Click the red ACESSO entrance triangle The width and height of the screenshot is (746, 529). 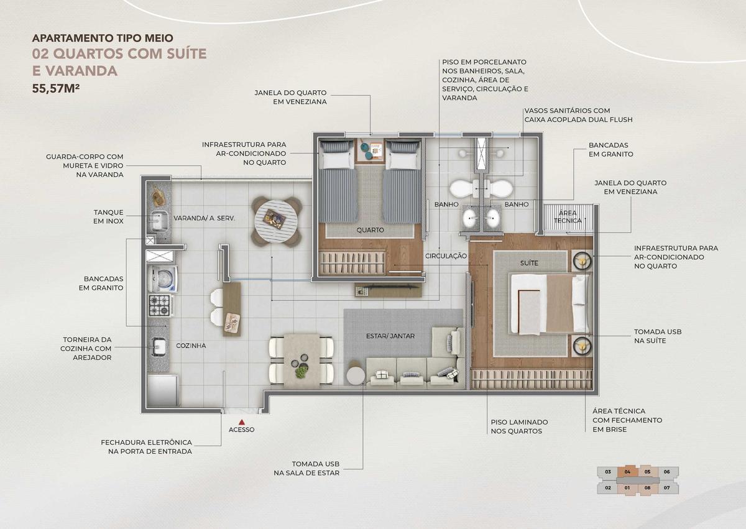coord(241,421)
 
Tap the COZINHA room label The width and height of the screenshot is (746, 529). coord(191,346)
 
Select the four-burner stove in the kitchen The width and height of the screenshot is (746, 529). coord(160,305)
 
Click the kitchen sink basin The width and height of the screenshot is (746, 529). coord(159,347)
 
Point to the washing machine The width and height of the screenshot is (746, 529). coord(162,278)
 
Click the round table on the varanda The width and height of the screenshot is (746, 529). coord(276,221)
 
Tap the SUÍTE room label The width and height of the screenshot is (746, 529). coord(529,263)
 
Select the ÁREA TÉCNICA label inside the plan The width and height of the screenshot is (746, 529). coord(568,216)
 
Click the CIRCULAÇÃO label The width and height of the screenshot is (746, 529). coord(446,255)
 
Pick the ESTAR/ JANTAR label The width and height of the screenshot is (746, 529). coord(390,336)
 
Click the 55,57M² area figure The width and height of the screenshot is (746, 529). coord(56,88)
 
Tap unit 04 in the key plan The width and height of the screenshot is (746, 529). coord(627,472)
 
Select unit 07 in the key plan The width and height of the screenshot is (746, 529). coord(666,488)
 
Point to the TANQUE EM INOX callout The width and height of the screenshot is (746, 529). coord(108,216)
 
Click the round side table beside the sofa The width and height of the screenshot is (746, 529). coord(356,375)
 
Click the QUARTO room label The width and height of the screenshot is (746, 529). coord(370,230)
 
